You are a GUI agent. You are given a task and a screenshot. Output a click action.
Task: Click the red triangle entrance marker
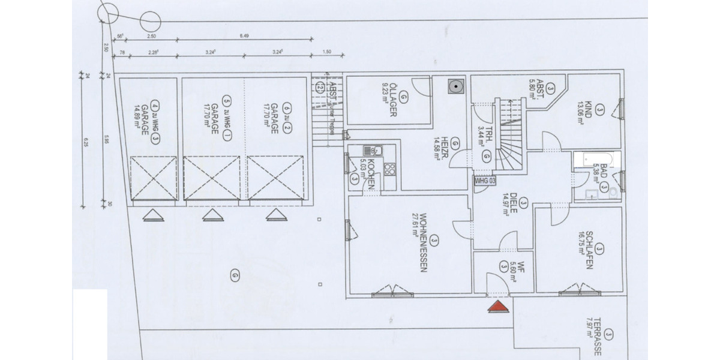(497, 307)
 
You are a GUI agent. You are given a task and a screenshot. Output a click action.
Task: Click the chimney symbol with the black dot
(457, 86)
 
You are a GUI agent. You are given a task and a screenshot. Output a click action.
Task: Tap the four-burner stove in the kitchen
(390, 168)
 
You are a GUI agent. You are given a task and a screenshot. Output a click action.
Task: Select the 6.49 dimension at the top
(244, 36)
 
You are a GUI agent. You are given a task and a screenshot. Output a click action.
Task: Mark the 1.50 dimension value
(326, 53)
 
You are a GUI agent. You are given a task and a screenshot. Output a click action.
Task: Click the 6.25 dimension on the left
(86, 143)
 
